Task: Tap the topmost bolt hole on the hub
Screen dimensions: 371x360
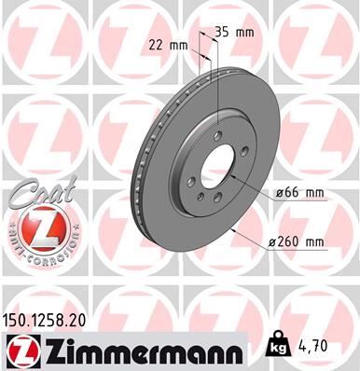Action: click(216, 137)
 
